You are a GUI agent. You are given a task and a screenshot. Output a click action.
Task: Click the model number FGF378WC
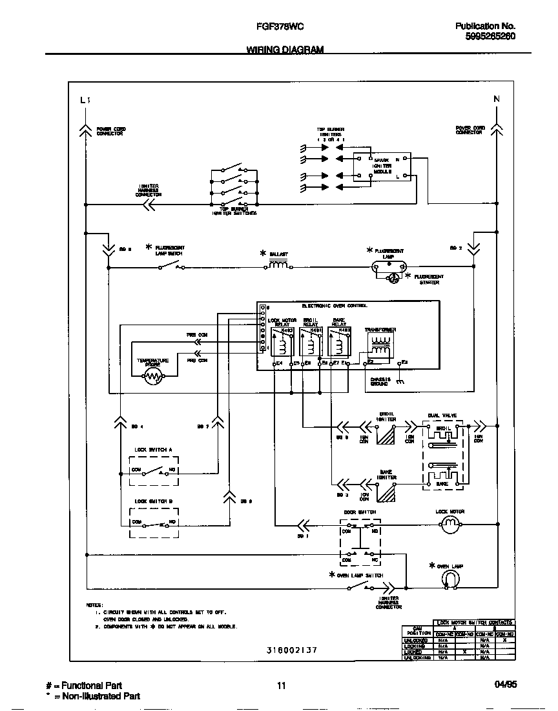(x=276, y=26)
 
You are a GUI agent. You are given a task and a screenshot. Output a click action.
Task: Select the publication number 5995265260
(x=490, y=37)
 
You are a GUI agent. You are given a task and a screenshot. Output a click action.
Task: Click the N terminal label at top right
(x=496, y=99)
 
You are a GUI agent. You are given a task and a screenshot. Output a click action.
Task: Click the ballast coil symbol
(x=278, y=265)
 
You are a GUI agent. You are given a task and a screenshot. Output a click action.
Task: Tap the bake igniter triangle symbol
(x=387, y=493)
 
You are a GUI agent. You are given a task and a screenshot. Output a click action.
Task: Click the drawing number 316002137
(x=292, y=650)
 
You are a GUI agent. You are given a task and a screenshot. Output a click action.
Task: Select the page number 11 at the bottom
(x=281, y=686)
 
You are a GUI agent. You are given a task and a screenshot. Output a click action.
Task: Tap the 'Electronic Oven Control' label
(x=335, y=305)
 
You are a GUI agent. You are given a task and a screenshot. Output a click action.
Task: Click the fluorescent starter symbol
(x=391, y=278)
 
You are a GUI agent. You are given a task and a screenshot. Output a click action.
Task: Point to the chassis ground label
(x=380, y=381)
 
